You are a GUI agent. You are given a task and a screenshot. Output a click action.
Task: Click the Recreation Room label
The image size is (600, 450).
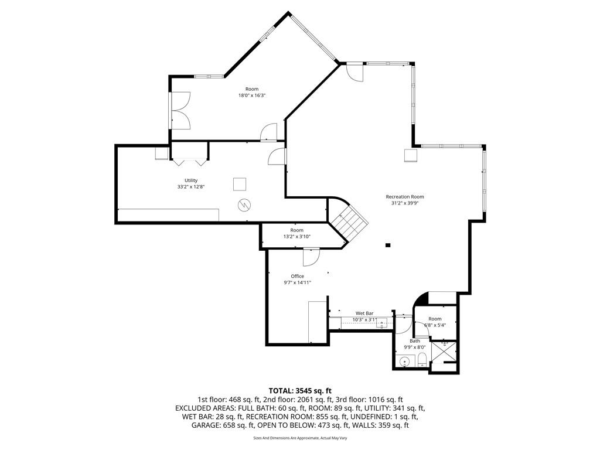point(404,197)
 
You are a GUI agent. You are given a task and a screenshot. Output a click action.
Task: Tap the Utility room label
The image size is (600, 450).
point(191,180)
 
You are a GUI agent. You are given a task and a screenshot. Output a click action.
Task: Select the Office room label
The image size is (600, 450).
point(297,277)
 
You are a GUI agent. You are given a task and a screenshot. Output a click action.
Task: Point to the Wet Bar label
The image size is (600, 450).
point(364,313)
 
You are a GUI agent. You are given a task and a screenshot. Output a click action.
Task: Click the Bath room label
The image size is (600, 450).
point(415,341)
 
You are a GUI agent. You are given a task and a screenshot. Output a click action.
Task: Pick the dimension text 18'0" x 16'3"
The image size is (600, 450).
point(252,96)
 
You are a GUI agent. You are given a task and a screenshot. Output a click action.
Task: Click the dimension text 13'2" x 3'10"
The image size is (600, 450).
point(296,237)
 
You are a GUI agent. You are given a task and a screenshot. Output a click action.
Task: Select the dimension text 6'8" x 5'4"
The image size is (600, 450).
point(435,325)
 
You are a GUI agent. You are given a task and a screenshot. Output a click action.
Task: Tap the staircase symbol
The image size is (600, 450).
point(348,224)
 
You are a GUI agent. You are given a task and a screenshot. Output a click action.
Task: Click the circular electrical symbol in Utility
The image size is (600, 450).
point(244,206)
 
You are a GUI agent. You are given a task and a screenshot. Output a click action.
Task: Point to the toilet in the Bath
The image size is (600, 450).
point(422,360)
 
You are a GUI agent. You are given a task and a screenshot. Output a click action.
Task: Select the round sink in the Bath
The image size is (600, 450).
point(404,361)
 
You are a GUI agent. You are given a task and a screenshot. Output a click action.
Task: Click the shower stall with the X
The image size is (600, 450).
point(444,352)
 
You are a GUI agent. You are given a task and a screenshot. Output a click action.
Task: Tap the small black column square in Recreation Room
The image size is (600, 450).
point(388,245)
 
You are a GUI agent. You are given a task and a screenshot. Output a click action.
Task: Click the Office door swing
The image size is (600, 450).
point(311,257)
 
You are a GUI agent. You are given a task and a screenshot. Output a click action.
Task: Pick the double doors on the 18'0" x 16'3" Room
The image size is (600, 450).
point(180,110)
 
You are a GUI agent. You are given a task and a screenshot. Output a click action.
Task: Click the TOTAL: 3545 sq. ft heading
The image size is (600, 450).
point(300,391)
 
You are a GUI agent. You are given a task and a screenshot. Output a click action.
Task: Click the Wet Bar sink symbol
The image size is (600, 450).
point(381,323)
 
